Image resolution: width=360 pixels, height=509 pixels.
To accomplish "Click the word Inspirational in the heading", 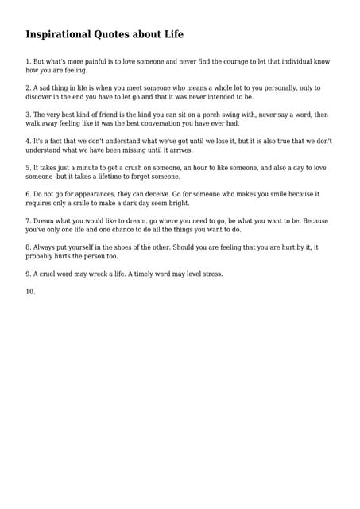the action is coord(57,34).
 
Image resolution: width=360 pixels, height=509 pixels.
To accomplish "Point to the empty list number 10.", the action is coord(30,292).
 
